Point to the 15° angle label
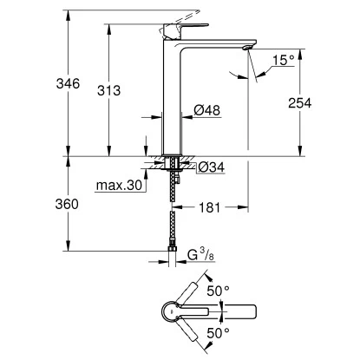point(282,61)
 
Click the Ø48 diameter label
point(206,110)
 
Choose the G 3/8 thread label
point(203,255)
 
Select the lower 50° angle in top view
point(219,332)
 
